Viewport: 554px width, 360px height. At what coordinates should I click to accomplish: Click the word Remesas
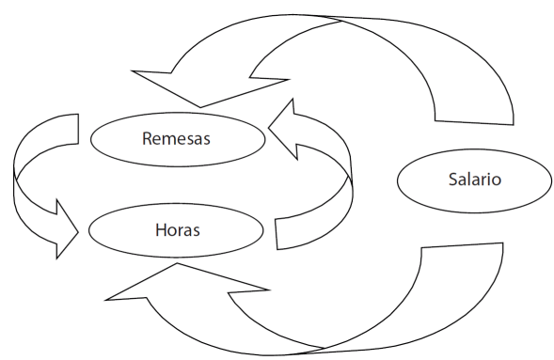[177, 139]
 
